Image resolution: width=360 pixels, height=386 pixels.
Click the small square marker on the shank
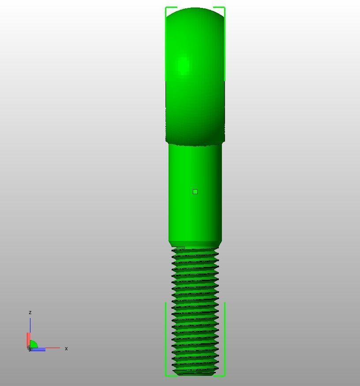click(x=195, y=191)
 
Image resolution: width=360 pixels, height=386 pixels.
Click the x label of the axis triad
click(x=66, y=349)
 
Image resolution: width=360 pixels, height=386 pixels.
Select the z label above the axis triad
click(x=30, y=312)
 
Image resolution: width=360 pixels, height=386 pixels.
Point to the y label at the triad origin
click(x=30, y=349)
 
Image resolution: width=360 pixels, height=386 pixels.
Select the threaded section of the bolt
click(x=195, y=309)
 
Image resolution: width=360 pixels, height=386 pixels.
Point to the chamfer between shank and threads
click(x=195, y=244)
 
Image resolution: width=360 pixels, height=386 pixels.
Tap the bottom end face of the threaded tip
click(x=195, y=374)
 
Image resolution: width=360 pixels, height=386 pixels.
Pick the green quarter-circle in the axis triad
click(x=34, y=345)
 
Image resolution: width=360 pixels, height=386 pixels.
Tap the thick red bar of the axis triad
click(x=28, y=340)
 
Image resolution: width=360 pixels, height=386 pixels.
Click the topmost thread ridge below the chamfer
click(x=195, y=250)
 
